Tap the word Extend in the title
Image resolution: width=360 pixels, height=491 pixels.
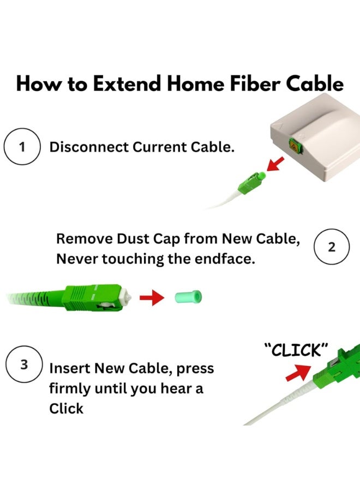coord(127,84)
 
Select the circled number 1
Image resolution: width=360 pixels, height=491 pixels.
coord(22,147)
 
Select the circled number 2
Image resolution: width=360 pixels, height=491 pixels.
coord(332,247)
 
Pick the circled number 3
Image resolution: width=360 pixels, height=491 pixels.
coord(24,364)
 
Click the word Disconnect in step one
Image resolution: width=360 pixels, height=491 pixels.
coord(89,147)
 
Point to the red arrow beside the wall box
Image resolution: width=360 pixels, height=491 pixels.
coord(275,164)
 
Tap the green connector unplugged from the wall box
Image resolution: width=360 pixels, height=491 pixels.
coord(251,183)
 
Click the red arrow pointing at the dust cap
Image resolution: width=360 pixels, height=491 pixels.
coord(152,297)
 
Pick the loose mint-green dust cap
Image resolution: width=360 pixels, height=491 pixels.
coord(188,297)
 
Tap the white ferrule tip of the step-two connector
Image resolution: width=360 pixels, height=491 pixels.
coord(126,297)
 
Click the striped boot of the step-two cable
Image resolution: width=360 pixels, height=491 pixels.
coord(34,298)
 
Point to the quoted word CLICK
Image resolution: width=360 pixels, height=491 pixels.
coord(296,350)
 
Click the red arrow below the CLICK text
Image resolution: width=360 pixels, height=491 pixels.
coord(299,372)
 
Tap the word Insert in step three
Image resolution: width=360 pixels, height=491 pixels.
coord(70,368)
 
